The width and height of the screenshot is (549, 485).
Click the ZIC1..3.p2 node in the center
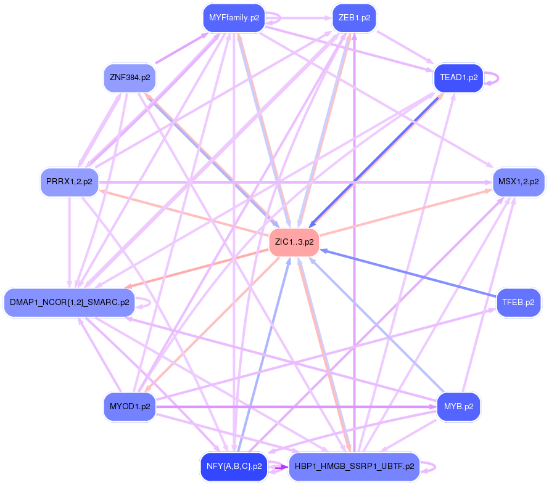pyautogui.click(x=294, y=242)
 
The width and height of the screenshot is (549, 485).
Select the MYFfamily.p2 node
pyautogui.click(x=234, y=18)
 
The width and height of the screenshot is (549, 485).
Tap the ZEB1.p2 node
pyautogui.click(x=354, y=18)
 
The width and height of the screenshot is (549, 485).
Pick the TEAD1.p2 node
pyautogui.click(x=458, y=78)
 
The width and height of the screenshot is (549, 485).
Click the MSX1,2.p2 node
pyautogui.click(x=518, y=182)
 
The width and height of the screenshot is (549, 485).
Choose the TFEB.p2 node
pyautogui.click(x=518, y=303)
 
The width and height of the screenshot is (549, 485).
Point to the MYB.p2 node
pyautogui.click(x=458, y=407)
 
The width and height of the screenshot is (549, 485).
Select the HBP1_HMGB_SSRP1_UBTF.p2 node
pyautogui.click(x=354, y=467)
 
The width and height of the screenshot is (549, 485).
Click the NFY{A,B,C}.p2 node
pyautogui.click(x=234, y=467)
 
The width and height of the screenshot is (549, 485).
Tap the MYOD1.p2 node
pyautogui.click(x=130, y=407)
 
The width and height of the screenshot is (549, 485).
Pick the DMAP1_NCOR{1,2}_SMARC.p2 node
pyautogui.click(x=69, y=303)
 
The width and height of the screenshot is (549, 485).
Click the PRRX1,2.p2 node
pyautogui.click(x=70, y=182)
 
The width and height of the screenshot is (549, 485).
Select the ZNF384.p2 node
pyautogui.click(x=130, y=78)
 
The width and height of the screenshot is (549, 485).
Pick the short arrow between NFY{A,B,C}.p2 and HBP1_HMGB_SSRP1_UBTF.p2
pyautogui.click(x=278, y=467)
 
